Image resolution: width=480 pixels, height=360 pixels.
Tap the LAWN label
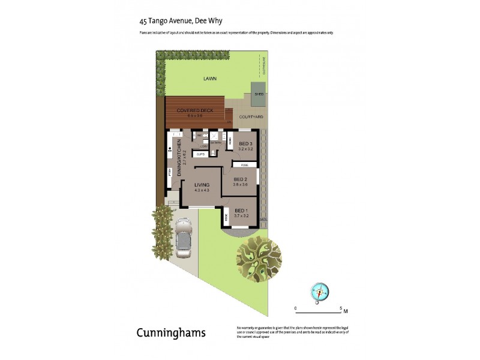click(209, 79)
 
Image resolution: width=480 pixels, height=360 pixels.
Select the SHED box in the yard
click(259, 95)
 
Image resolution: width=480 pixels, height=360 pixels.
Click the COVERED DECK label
click(194, 110)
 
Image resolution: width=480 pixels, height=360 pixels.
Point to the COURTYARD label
click(251, 117)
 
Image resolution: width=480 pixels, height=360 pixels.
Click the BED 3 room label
click(245, 144)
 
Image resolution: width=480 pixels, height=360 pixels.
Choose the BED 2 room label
click(241, 179)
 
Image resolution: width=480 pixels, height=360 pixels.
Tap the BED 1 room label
click(241, 210)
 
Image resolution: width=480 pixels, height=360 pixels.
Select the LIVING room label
click(202, 185)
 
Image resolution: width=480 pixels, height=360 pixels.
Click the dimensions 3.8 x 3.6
click(241, 185)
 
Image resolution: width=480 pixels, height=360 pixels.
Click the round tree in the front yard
click(259, 259)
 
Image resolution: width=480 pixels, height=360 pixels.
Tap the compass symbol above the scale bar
click(319, 292)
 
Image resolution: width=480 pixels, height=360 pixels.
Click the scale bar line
click(319, 313)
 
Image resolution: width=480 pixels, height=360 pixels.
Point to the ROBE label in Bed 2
click(245, 165)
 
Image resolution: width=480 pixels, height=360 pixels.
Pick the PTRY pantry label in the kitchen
click(170, 173)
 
